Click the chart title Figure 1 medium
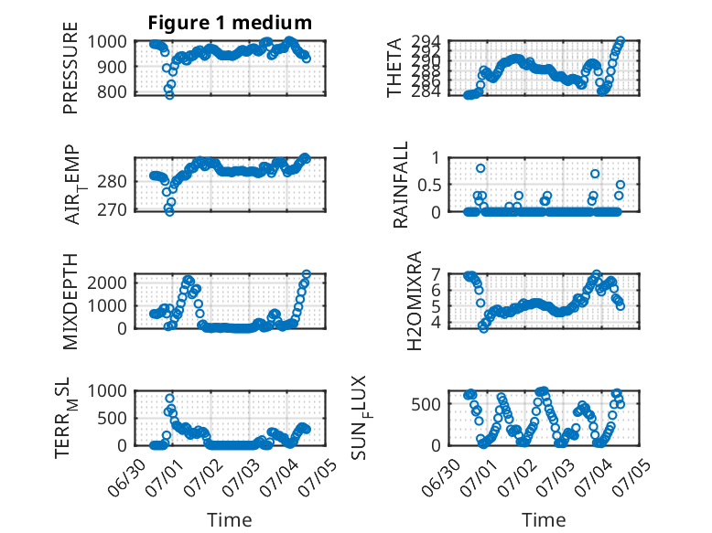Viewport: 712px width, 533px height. pyautogui.click(x=230, y=23)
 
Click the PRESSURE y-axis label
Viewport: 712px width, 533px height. pyautogui.click(x=70, y=68)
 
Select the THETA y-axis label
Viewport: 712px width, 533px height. pyautogui.click(x=394, y=68)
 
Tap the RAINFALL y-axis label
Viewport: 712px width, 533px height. pyautogui.click(x=401, y=185)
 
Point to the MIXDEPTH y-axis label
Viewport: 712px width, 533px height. pyautogui.click(x=70, y=302)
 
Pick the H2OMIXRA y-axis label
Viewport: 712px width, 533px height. pyautogui.click(x=415, y=301)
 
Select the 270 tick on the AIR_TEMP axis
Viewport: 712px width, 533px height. pyautogui.click(x=112, y=210)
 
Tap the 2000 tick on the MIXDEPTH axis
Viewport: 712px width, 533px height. pyautogui.click(x=107, y=283)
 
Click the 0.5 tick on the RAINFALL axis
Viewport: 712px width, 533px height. pyautogui.click(x=429, y=185)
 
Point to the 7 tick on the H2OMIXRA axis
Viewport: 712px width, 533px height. pyautogui.click(x=437, y=274)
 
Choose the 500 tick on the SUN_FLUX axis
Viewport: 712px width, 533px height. pyautogui.click(x=426, y=404)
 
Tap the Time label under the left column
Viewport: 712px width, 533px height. pyautogui.click(x=230, y=520)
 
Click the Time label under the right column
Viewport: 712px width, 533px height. pyautogui.click(x=544, y=520)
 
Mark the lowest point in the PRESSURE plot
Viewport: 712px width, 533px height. pyautogui.click(x=169, y=95)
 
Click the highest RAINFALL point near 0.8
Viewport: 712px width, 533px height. pyautogui.click(x=480, y=168)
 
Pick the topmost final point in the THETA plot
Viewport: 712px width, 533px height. pyautogui.click(x=620, y=41)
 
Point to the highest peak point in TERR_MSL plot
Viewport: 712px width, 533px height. pyautogui.click(x=170, y=399)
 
